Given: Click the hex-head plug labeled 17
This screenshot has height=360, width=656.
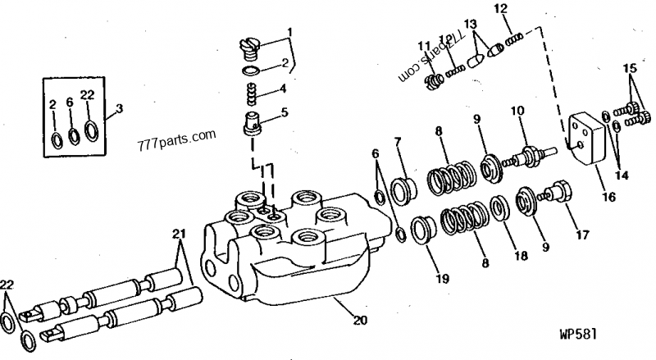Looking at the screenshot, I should point(557,194).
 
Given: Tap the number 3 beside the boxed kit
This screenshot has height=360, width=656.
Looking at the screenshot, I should point(121,108).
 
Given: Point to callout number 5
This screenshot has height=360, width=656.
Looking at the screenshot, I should point(285,112).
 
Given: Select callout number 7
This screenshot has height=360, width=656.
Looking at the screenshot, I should point(399,144).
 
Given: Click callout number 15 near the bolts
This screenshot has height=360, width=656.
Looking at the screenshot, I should point(629,66).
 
